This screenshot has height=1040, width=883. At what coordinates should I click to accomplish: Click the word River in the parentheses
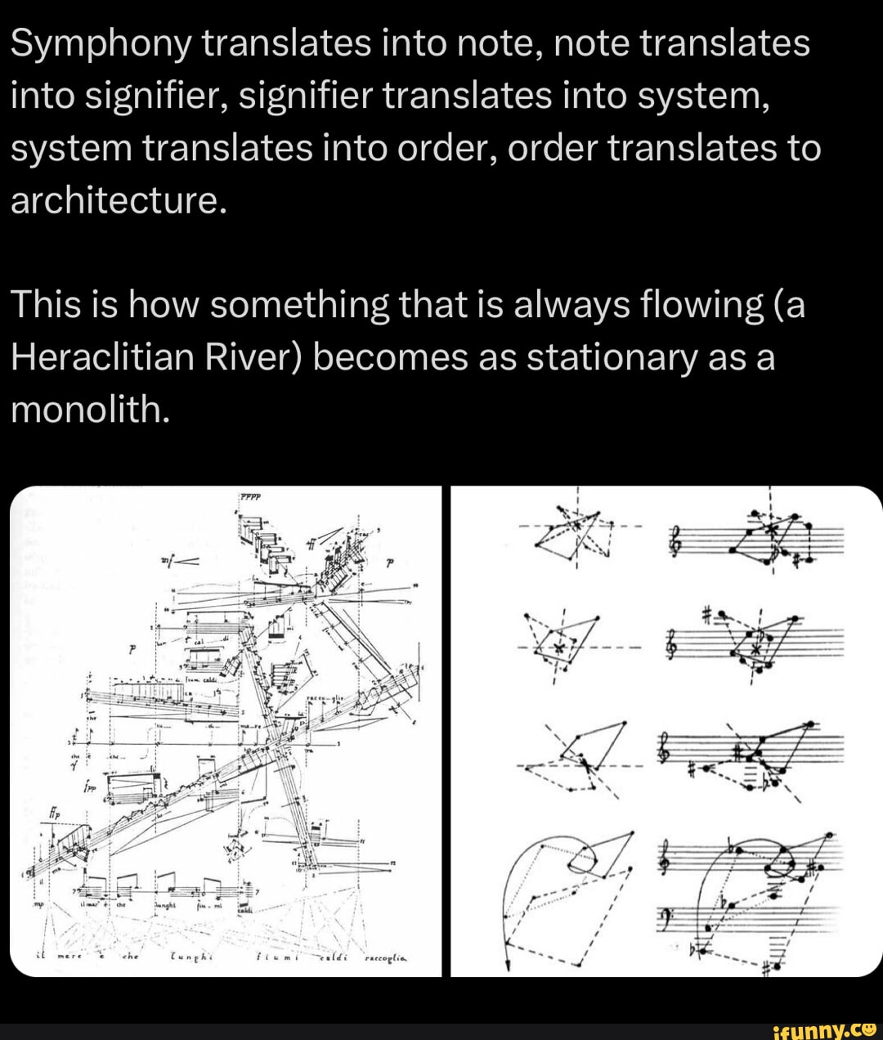pos(254,356)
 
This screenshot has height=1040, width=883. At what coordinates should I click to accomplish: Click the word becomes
pos(389,356)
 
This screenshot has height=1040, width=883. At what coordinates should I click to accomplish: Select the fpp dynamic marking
pos(89,787)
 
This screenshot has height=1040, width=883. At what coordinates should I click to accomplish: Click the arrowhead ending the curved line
pos(509,967)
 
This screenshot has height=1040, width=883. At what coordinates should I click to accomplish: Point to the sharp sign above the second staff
pos(709,614)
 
